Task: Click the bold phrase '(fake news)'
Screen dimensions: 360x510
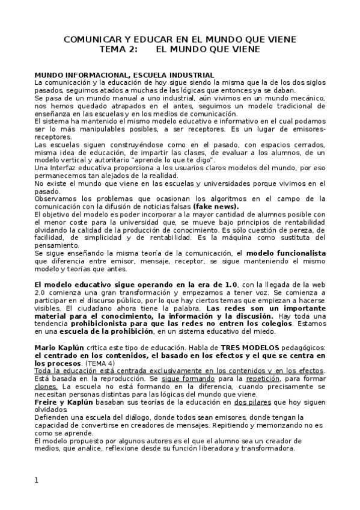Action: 215,206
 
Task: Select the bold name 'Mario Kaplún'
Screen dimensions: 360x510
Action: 60,348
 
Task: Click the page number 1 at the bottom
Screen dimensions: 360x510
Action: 36,480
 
